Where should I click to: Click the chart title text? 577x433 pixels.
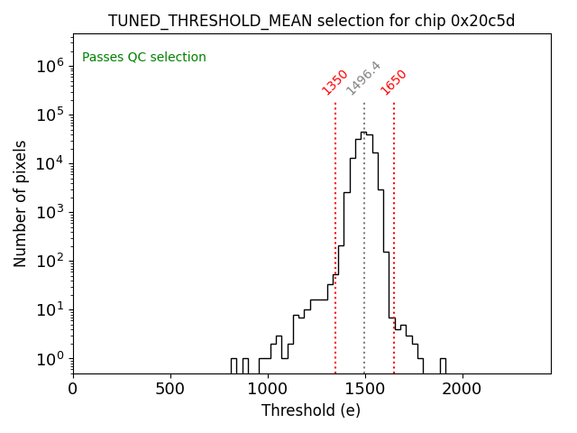pyautogui.click(x=311, y=21)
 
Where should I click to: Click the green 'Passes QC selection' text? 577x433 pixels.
pyautogui.click(x=144, y=58)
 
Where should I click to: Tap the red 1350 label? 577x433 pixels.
pyautogui.click(x=335, y=82)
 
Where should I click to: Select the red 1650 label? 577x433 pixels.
pyautogui.click(x=394, y=82)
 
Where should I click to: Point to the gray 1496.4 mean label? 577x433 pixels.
pyautogui.click(x=364, y=79)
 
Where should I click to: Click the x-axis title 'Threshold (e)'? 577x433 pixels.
pyautogui.click(x=311, y=410)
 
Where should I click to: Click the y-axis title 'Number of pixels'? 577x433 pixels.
pyautogui.click(x=21, y=203)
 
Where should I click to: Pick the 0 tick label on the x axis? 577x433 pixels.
pyautogui.click(x=73, y=390)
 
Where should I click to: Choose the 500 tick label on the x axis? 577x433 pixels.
pyautogui.click(x=170, y=390)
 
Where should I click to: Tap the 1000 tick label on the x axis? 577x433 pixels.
pyautogui.click(x=268, y=390)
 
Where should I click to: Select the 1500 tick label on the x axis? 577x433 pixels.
pyautogui.click(x=365, y=390)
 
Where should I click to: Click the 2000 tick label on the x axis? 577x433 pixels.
pyautogui.click(x=463, y=390)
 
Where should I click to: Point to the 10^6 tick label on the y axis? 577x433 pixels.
pyautogui.click(x=50, y=66)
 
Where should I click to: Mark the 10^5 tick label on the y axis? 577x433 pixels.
pyautogui.click(x=50, y=115)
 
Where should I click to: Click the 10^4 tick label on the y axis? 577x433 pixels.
pyautogui.click(x=50, y=163)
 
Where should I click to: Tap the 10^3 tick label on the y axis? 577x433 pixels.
pyautogui.click(x=50, y=212)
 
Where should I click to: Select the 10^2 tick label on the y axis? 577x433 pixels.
pyautogui.click(x=50, y=261)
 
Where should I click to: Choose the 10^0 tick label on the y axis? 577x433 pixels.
pyautogui.click(x=50, y=358)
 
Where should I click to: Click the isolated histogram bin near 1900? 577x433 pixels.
pyautogui.click(x=443, y=364)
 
